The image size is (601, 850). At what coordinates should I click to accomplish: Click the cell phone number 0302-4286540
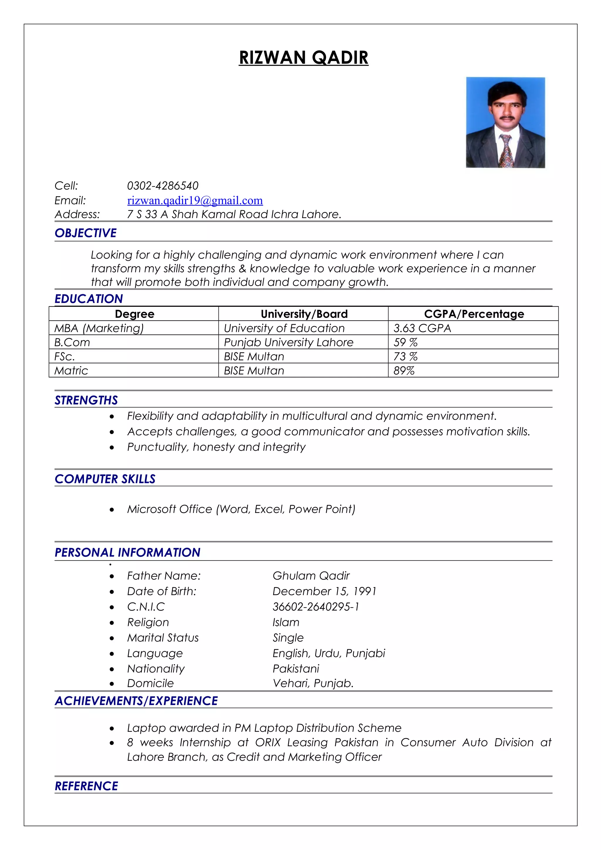tap(163, 185)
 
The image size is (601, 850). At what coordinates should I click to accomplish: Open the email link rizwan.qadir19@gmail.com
tap(195, 200)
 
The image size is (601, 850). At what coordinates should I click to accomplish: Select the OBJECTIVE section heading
tap(85, 233)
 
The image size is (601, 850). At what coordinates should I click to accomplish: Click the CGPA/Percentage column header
tap(474, 314)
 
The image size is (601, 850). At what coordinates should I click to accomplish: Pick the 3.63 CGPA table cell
tap(422, 328)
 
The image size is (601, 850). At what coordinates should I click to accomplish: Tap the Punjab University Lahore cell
tap(288, 342)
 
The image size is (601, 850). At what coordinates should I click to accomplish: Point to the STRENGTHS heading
tap(86, 400)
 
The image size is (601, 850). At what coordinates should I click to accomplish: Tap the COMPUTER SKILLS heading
tap(105, 479)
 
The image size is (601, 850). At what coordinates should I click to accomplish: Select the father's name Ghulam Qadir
tap(311, 576)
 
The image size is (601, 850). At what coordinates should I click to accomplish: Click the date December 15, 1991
tap(324, 591)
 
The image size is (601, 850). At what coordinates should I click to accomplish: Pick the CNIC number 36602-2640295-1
tap(315, 607)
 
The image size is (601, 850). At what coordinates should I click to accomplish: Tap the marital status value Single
tap(288, 638)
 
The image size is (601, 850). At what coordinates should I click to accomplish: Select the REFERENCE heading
tap(86, 786)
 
